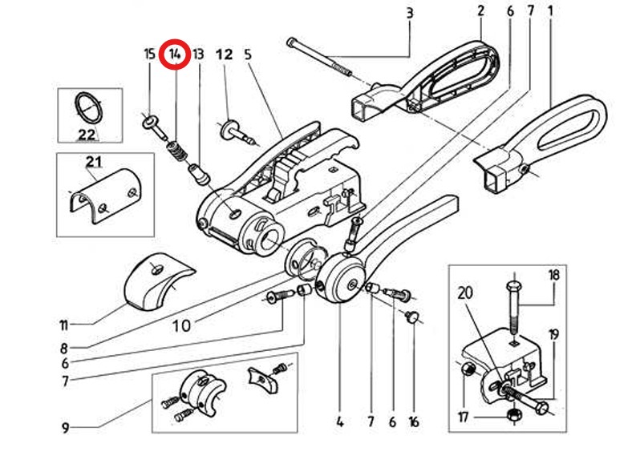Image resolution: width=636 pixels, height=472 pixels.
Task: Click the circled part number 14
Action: [174, 54]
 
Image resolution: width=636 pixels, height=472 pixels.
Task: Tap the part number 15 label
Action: [150, 54]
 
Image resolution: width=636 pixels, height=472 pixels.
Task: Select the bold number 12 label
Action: [225, 54]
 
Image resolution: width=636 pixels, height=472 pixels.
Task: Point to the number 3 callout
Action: [410, 13]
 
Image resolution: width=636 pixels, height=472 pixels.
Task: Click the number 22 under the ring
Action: [86, 134]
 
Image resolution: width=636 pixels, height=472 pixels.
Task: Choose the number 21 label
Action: [93, 162]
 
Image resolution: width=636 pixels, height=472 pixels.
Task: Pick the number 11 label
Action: [63, 325]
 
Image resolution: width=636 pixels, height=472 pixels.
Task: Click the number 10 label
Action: [182, 325]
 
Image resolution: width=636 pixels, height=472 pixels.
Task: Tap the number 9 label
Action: [65, 428]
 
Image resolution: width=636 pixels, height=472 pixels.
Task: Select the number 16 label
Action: [413, 422]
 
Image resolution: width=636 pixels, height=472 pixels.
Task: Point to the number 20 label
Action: [465, 292]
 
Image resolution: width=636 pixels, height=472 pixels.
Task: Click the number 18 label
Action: [553, 275]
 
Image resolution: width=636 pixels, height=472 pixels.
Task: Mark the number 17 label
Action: [464, 417]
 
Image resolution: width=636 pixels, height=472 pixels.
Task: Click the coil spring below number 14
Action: [178, 151]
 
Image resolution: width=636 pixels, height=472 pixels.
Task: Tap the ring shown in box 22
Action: [88, 107]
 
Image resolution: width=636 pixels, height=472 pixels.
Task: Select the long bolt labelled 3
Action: [319, 56]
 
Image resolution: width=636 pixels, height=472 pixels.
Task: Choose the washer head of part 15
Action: [150, 120]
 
